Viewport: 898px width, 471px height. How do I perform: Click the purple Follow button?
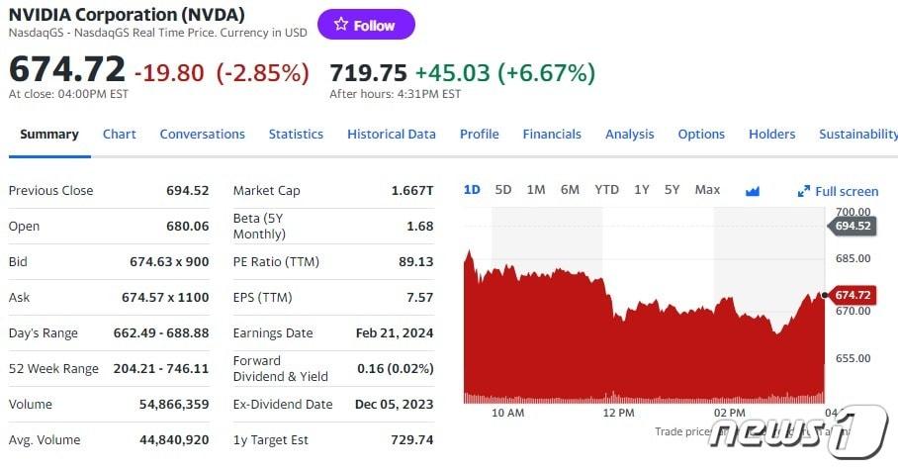coord(366,25)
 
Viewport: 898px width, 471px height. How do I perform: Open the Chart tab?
coord(119,135)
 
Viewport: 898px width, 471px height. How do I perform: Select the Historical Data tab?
coord(391,135)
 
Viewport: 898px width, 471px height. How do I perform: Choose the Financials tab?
coord(552,135)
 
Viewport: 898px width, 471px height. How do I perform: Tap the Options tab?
coord(701,135)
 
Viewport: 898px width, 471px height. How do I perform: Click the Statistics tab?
coord(296,135)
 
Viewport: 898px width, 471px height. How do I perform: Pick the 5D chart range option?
coord(503,190)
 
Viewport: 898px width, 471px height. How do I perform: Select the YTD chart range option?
coord(606,190)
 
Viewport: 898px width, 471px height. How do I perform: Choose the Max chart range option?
coord(707,190)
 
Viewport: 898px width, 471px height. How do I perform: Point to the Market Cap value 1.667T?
coord(412,191)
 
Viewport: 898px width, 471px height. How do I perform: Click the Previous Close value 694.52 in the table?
coord(188,191)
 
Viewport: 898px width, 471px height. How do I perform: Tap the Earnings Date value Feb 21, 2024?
coord(395,333)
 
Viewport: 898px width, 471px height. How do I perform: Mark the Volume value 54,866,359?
coord(168,405)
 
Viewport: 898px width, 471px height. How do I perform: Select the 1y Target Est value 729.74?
coord(412,440)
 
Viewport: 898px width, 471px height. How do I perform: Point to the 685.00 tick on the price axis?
coord(853,259)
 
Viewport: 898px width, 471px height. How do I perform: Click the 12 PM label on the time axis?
coord(618,413)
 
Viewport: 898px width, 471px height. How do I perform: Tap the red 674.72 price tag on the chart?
coord(852,295)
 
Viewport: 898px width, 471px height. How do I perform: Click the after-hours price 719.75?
coord(368,72)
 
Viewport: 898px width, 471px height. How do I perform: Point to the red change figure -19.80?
coord(168,72)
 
